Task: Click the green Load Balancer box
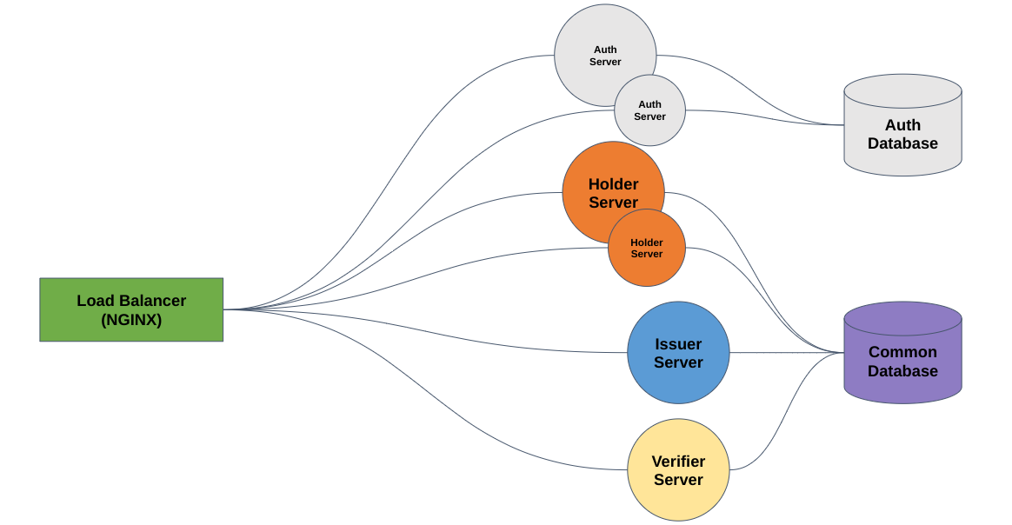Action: [x=131, y=309]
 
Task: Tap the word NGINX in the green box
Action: [x=131, y=320]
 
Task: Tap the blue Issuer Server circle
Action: [x=678, y=353]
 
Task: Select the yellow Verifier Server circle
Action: [x=678, y=470]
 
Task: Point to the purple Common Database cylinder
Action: [x=902, y=365]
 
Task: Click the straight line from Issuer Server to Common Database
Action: [x=787, y=353]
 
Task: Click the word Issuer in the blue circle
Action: [x=678, y=344]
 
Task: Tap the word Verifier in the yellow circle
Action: [x=678, y=462]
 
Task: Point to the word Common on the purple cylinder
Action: [x=902, y=352]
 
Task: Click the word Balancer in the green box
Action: [x=152, y=301]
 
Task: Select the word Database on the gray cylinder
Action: [x=902, y=143]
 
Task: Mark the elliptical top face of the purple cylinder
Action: [x=902, y=318]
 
